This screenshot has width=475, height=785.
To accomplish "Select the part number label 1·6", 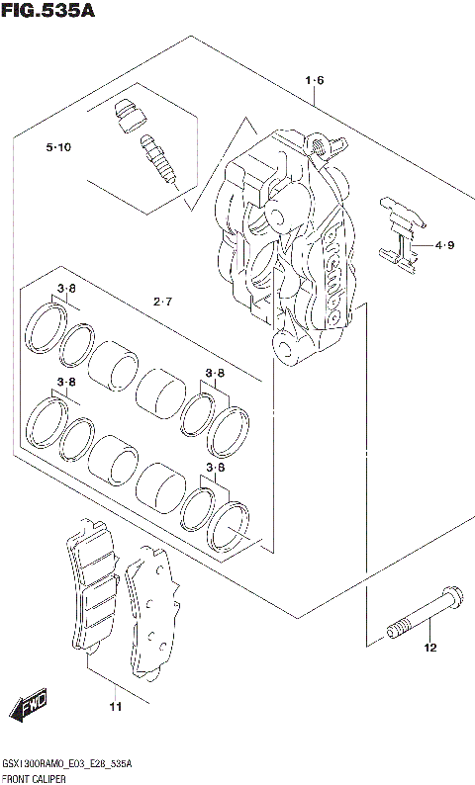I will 315,80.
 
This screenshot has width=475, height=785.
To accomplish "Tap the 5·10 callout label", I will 57,148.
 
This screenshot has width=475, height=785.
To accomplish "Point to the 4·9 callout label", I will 443,245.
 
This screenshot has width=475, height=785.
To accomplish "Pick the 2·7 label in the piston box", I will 163,301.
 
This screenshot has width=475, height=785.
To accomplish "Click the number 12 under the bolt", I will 429,649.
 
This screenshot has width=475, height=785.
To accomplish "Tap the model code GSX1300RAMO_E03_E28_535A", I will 68,765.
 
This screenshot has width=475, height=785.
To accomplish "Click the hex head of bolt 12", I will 452,598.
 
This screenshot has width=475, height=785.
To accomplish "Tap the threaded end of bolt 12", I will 397,628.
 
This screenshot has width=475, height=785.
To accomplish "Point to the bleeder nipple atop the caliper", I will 319,144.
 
